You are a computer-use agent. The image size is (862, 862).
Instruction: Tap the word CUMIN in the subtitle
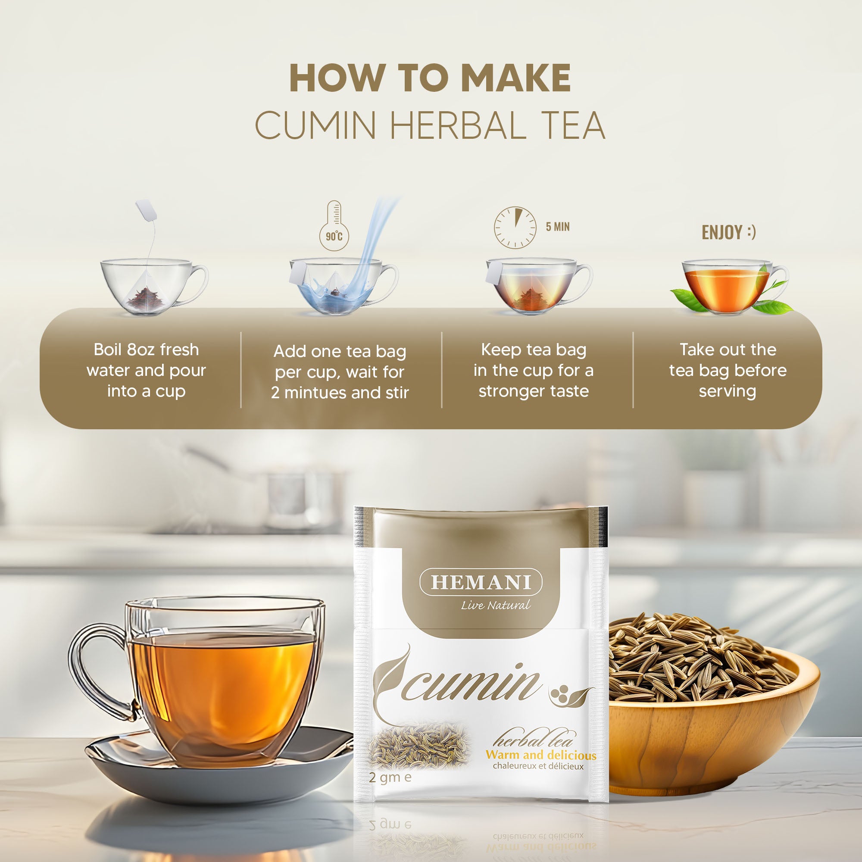(315, 126)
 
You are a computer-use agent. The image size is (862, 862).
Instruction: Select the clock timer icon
(515, 227)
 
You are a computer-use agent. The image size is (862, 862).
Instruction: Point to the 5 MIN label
(557, 227)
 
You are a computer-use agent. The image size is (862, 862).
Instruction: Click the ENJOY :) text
(728, 232)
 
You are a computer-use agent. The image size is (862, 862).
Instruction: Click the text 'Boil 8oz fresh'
(147, 350)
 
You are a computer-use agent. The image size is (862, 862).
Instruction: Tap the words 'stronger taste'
(534, 391)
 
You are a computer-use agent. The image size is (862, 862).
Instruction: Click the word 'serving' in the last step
(727, 391)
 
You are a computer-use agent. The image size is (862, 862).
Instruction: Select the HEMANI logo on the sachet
(481, 582)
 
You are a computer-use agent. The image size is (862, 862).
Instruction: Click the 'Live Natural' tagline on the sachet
(496, 606)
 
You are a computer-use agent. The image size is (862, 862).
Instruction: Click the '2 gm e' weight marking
(390, 777)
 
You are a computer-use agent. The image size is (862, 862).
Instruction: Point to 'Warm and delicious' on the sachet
(541, 755)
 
